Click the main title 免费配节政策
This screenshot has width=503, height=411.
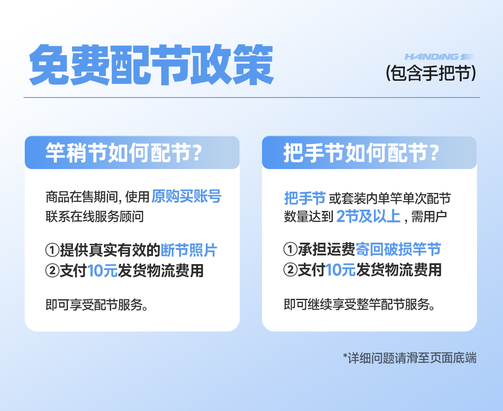[x=151, y=65]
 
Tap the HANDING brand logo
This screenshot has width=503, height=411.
[x=440, y=57]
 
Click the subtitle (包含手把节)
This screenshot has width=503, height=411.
[x=431, y=73]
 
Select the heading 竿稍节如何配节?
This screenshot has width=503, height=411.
[x=124, y=153]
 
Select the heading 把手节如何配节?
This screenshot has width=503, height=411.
[x=361, y=153]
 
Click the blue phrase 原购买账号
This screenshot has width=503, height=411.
[x=186, y=196]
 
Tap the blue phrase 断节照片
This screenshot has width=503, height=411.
[x=189, y=250]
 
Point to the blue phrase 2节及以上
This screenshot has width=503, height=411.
[x=368, y=216]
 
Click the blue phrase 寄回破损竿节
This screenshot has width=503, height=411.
[x=398, y=249]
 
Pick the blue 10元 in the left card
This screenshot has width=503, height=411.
[x=103, y=271]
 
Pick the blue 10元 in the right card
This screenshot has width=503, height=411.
[x=341, y=270]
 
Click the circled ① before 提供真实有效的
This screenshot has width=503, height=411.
[x=52, y=250]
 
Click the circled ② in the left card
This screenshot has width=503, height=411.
[x=52, y=271]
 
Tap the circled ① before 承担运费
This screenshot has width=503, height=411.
[x=290, y=249]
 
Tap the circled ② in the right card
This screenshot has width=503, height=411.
[x=290, y=270]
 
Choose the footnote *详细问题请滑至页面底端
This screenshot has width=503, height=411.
[x=410, y=358]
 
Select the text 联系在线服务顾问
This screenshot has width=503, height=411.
[x=95, y=216]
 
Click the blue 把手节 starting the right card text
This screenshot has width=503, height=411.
[x=305, y=198]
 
